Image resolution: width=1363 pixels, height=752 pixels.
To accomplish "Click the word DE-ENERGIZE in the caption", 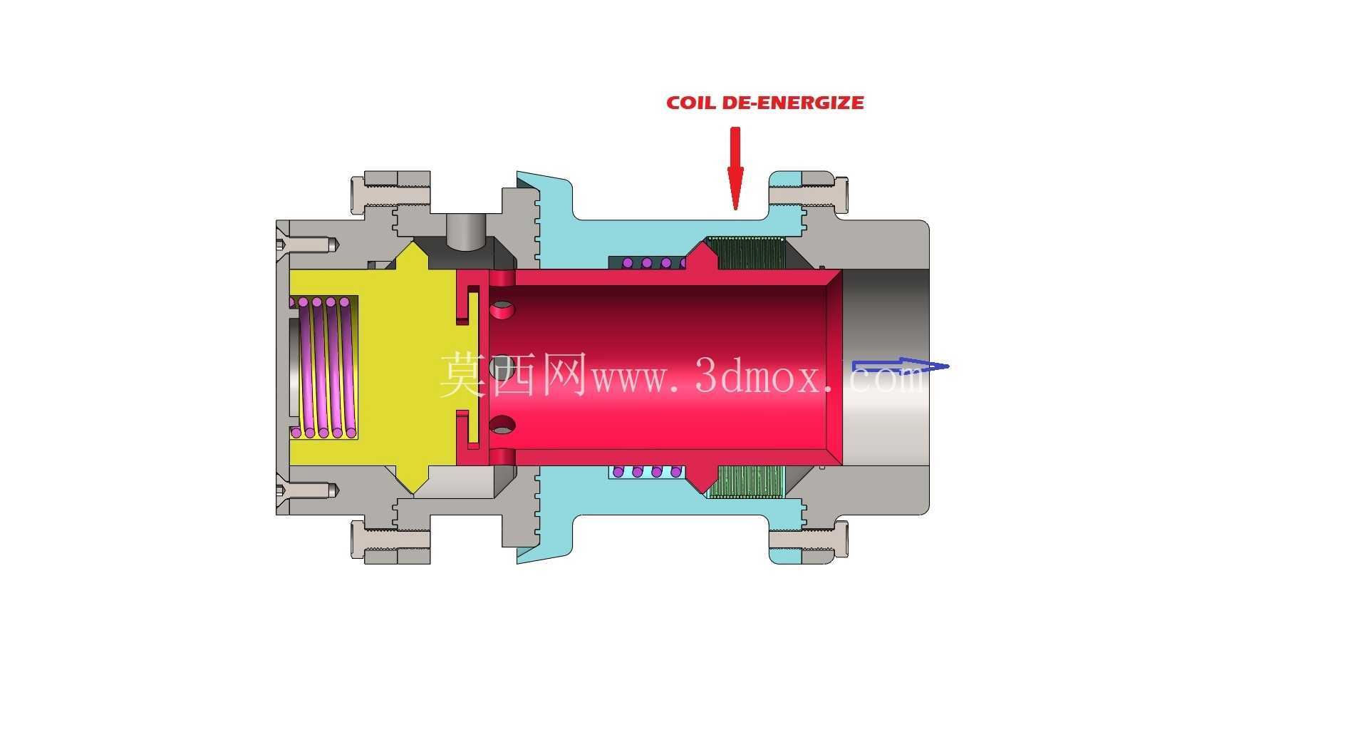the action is (x=793, y=103).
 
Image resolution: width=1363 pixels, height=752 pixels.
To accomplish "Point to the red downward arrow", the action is (x=735, y=168).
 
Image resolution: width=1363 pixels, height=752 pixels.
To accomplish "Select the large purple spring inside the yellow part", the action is (x=325, y=367).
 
